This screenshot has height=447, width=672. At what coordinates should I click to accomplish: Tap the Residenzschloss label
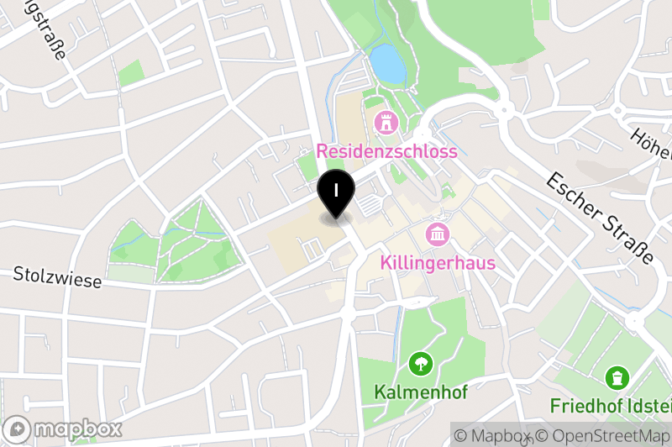pos(387,151)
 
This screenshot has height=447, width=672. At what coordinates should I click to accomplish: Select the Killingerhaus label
pos(438,262)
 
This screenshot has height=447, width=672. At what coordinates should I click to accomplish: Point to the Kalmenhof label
pos(418,392)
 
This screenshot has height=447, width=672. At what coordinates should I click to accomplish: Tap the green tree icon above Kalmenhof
pos(418,364)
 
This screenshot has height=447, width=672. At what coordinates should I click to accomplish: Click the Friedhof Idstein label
pos(611,406)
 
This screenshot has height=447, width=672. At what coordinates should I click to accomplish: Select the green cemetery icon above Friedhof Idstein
pos(618,376)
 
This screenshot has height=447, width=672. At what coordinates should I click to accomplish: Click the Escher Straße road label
pos(599,217)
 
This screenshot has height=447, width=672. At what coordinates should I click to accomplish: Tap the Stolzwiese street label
pos(57,277)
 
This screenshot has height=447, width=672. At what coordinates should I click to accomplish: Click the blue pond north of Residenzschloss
pos(387,63)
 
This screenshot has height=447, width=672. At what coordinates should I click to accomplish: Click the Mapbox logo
pos(63,429)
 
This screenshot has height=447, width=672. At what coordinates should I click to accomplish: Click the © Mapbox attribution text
pos(493,436)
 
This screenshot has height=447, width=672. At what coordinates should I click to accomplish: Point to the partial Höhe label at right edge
pos(654,144)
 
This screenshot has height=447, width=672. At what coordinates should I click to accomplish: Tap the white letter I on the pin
pos(336,189)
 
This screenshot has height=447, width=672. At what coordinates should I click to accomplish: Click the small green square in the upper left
pos(131,73)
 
